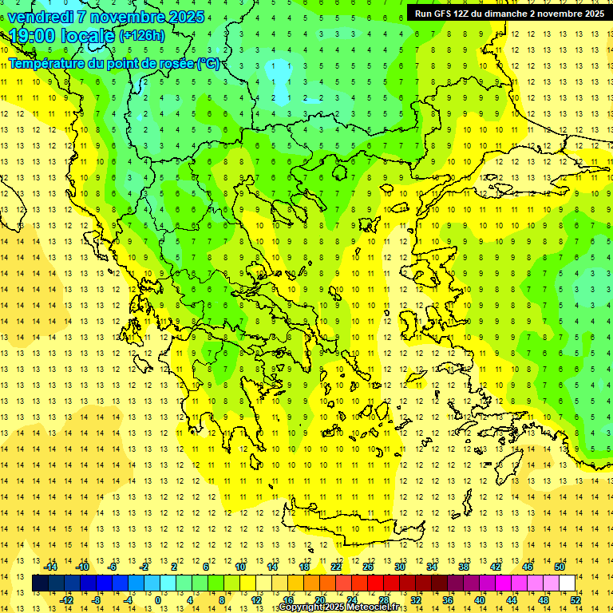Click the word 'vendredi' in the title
pos(42,17)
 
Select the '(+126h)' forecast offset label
pos(141,35)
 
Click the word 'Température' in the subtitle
pos(45,63)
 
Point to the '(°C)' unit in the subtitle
pos(208,63)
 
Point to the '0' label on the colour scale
pos(157,599)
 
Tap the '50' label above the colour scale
pos(560,567)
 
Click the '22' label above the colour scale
pos(336,567)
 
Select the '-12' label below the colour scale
pos(66,599)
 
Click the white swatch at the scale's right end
pos(567,583)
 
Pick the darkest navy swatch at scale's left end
pos(40,583)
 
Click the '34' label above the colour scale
pos(432,567)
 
